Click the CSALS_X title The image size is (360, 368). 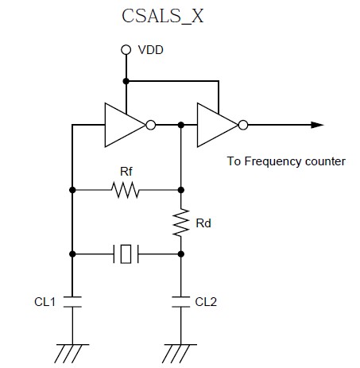coord(162,16)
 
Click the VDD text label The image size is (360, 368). coord(150,50)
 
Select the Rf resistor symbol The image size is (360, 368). coord(125,190)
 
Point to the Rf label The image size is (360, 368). coord(126,172)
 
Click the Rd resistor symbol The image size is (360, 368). coord(181,223)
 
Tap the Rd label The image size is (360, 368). coord(203,223)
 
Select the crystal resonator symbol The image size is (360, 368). coord(126,254)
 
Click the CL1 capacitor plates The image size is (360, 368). coord(72,302)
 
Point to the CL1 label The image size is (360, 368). coord(45,302)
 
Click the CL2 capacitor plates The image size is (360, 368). coord(181,302)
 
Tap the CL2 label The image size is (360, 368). coord(206,302)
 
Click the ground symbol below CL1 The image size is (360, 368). coord(72,353)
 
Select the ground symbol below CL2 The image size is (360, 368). coord(180,353)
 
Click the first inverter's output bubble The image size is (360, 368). coord(151,125)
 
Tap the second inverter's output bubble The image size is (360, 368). coord(243,125)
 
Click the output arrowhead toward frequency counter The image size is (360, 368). coord(317,125)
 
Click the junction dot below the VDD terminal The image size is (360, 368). coord(126,81)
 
